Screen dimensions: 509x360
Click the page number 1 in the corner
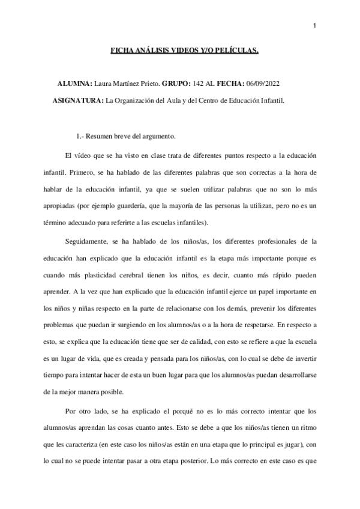[x=314, y=25]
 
